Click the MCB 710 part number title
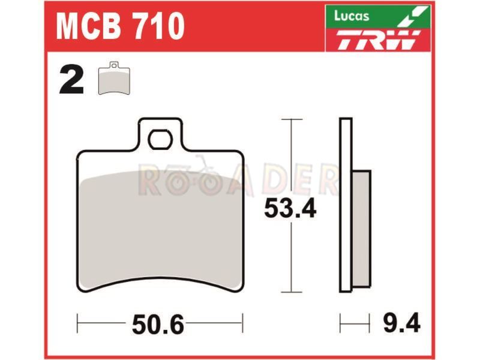pos(120,26)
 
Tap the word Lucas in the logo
pos(352,16)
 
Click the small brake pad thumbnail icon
pos(114,78)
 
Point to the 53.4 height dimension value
pos(290,208)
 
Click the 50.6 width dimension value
pos(158,325)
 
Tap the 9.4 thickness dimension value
pos(401,323)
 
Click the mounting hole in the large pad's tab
pos(160,139)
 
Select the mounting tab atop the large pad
pos(160,134)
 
